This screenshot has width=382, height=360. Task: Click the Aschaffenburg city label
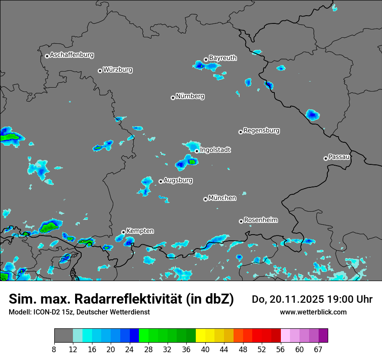[72, 55]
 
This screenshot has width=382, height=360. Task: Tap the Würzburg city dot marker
[100, 71]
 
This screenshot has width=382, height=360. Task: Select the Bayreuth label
[223, 58]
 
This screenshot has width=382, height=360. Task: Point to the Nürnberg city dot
[173, 98]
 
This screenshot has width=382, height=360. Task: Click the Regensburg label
[261, 131]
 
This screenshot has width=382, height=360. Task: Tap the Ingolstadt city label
[215, 150]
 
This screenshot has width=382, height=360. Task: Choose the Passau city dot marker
[326, 158]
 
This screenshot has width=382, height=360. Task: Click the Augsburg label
[178, 180]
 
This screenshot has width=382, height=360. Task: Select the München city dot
[205, 200]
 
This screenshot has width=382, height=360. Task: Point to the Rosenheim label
[260, 220]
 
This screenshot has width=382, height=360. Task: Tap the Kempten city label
[140, 231]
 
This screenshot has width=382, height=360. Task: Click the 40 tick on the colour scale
[205, 350]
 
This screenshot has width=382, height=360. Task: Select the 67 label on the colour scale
[318, 350]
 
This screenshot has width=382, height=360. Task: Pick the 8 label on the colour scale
[54, 350]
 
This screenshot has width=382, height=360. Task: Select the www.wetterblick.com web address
[313, 312]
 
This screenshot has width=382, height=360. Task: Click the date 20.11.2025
[290, 299]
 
